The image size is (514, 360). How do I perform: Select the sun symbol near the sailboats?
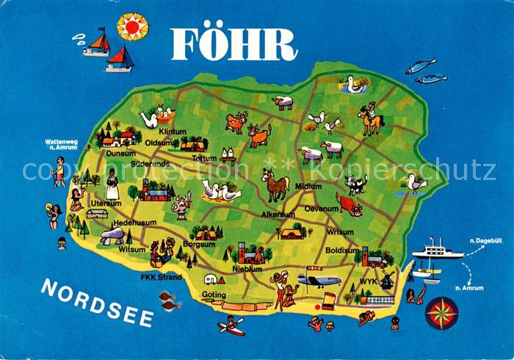click(132, 26)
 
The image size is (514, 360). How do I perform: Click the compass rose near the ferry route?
click(444, 312)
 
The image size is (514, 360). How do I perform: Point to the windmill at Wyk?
click(386, 279)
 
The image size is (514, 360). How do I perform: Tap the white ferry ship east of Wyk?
click(437, 251)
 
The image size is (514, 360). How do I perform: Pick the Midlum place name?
click(308, 187)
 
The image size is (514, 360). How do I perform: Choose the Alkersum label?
click(278, 215)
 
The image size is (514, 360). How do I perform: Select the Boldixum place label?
click(342, 251)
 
